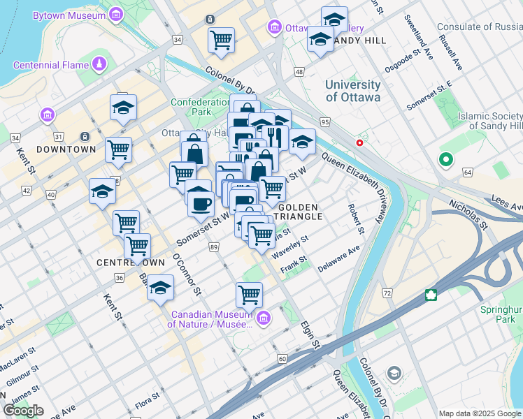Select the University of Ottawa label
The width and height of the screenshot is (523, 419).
(x=352, y=91)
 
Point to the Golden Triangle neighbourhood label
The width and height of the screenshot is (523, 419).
(x=299, y=212)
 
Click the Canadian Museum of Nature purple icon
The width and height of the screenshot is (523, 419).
(x=264, y=319)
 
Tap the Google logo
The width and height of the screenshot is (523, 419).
(x=23, y=411)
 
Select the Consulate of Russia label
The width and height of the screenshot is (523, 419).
(x=479, y=27)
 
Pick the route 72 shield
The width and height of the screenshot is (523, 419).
(x=387, y=293)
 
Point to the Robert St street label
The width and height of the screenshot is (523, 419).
(x=357, y=219)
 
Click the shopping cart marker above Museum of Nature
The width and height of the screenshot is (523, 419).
(x=249, y=295)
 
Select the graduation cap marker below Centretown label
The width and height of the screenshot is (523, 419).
(x=160, y=288)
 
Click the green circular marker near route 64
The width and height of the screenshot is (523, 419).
(x=445, y=161)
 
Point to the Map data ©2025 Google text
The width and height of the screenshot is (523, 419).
(x=479, y=413)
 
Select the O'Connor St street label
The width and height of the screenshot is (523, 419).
(x=187, y=274)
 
